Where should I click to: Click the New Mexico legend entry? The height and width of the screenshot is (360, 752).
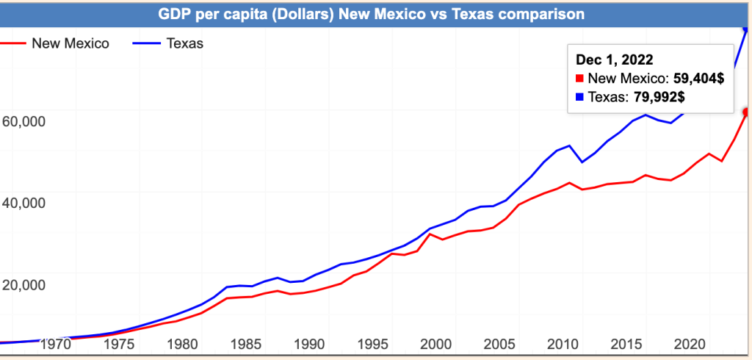pyautogui.click(x=70, y=43)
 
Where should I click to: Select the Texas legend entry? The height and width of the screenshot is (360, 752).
pyautogui.click(x=184, y=43)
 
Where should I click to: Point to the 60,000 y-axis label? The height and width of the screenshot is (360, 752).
pyautogui.click(x=23, y=120)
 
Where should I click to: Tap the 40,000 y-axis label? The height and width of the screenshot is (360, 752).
pyautogui.click(x=23, y=203)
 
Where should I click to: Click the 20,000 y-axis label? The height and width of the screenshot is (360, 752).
pyautogui.click(x=23, y=285)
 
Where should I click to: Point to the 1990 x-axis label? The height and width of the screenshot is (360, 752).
pyautogui.click(x=309, y=343)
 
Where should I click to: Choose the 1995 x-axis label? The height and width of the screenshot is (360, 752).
pyautogui.click(x=372, y=343)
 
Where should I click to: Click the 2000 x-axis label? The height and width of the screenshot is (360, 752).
pyautogui.click(x=436, y=343)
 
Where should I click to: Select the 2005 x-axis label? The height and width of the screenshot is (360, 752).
pyautogui.click(x=499, y=343)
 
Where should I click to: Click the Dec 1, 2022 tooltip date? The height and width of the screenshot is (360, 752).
pyautogui.click(x=615, y=60)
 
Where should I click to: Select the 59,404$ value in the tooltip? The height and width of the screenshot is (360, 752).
pyautogui.click(x=698, y=78)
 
